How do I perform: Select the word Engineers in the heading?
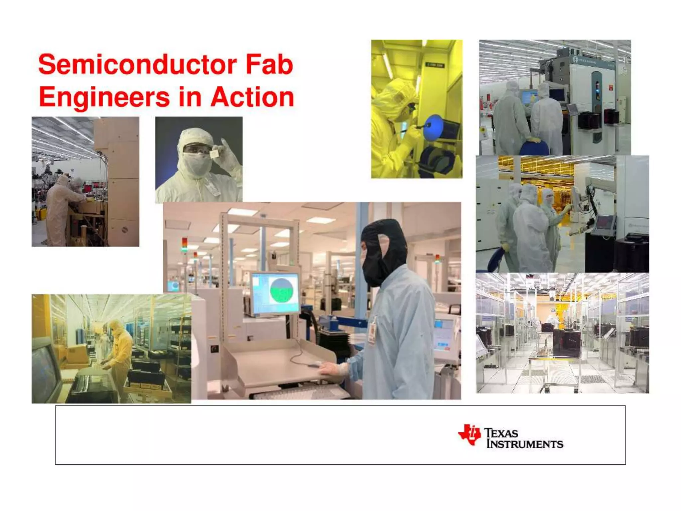pyautogui.click(x=104, y=98)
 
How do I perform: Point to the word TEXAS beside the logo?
pyautogui.click(x=501, y=433)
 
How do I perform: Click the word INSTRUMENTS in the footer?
pyautogui.click(x=524, y=444)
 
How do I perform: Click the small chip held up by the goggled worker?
pyautogui.click(x=214, y=153)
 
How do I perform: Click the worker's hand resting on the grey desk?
pyautogui.click(x=333, y=368)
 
